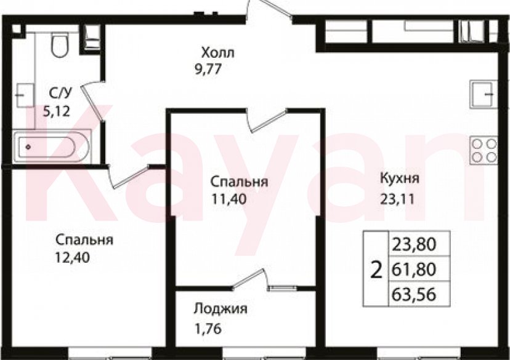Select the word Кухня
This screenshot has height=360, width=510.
400,180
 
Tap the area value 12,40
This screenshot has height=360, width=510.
73,258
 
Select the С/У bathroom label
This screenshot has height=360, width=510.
61,93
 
